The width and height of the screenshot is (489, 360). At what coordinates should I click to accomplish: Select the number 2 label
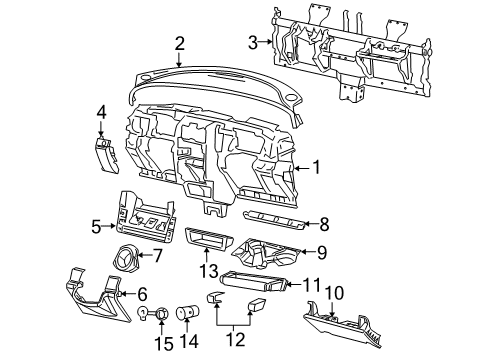click(x=179, y=43)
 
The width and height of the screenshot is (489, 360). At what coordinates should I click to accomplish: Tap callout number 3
click(x=253, y=41)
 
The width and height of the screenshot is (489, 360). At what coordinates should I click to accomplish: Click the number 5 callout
click(x=96, y=227)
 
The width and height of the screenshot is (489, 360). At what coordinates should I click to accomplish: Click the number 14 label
click(x=188, y=341)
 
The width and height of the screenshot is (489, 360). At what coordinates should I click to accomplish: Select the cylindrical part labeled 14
click(x=186, y=315)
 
